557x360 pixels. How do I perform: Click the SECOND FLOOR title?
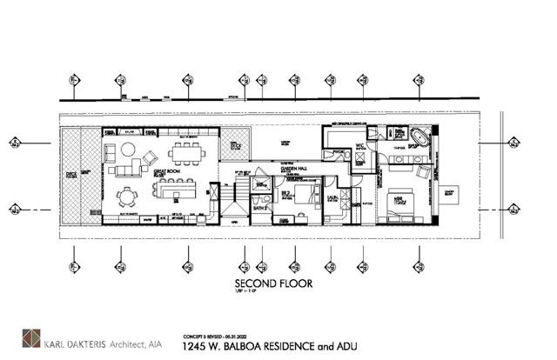click(x=278, y=283)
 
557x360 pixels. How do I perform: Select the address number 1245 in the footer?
click(x=196, y=345)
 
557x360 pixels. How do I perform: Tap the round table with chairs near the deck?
click(x=125, y=197)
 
